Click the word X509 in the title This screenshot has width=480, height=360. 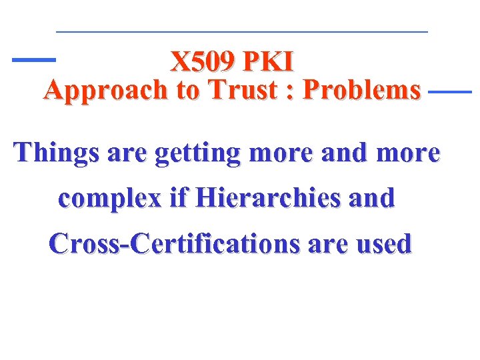[x=203, y=62]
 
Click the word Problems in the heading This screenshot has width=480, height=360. [x=361, y=89]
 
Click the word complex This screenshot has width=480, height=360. [x=109, y=199]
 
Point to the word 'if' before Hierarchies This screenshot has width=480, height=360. [x=174, y=198]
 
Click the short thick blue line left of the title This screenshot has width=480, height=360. [x=34, y=60]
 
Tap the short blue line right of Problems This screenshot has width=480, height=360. [x=449, y=91]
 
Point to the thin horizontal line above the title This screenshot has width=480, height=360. [x=241, y=32]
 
